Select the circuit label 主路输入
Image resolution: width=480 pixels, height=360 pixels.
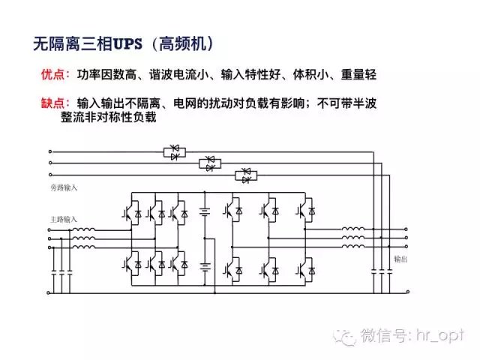pos(64,219)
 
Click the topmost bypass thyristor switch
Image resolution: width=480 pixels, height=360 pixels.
pos(175,152)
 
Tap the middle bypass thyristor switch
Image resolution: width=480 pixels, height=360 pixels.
pos(211,163)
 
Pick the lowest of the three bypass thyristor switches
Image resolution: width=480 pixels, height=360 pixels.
pos(247,175)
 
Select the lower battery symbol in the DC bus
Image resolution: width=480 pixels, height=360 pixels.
pos(203,266)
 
